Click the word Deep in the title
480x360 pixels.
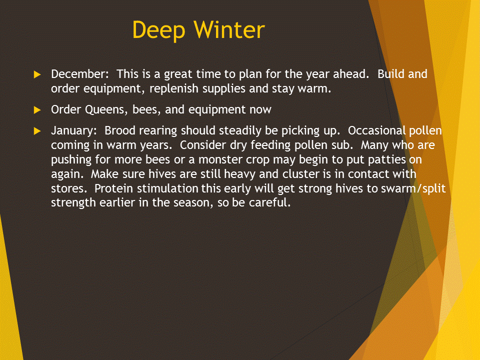[x=159, y=31]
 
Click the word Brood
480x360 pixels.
[x=120, y=130]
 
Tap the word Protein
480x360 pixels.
[x=114, y=188]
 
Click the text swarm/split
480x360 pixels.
[x=413, y=188]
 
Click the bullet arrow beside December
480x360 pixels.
[x=37, y=74]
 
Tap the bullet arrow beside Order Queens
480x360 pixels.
[x=37, y=110]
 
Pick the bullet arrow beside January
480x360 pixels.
[x=37, y=131]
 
